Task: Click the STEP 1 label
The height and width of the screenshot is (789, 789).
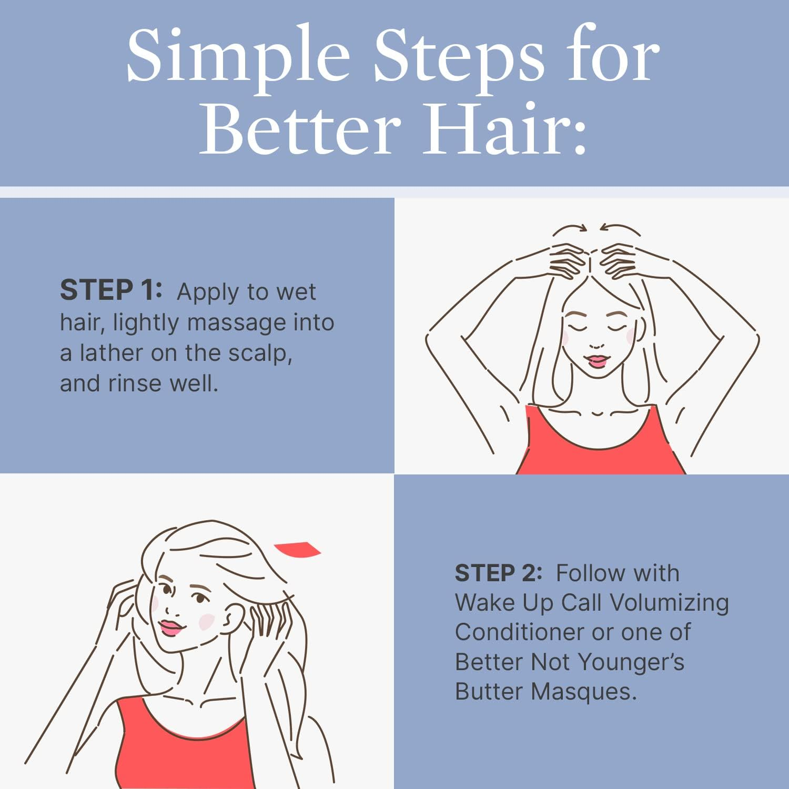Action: point(111,291)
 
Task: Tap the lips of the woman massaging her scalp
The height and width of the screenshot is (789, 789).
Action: point(597,361)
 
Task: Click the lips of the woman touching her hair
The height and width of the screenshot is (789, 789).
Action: point(170,627)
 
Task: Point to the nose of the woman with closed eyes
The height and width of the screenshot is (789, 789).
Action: point(596,345)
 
